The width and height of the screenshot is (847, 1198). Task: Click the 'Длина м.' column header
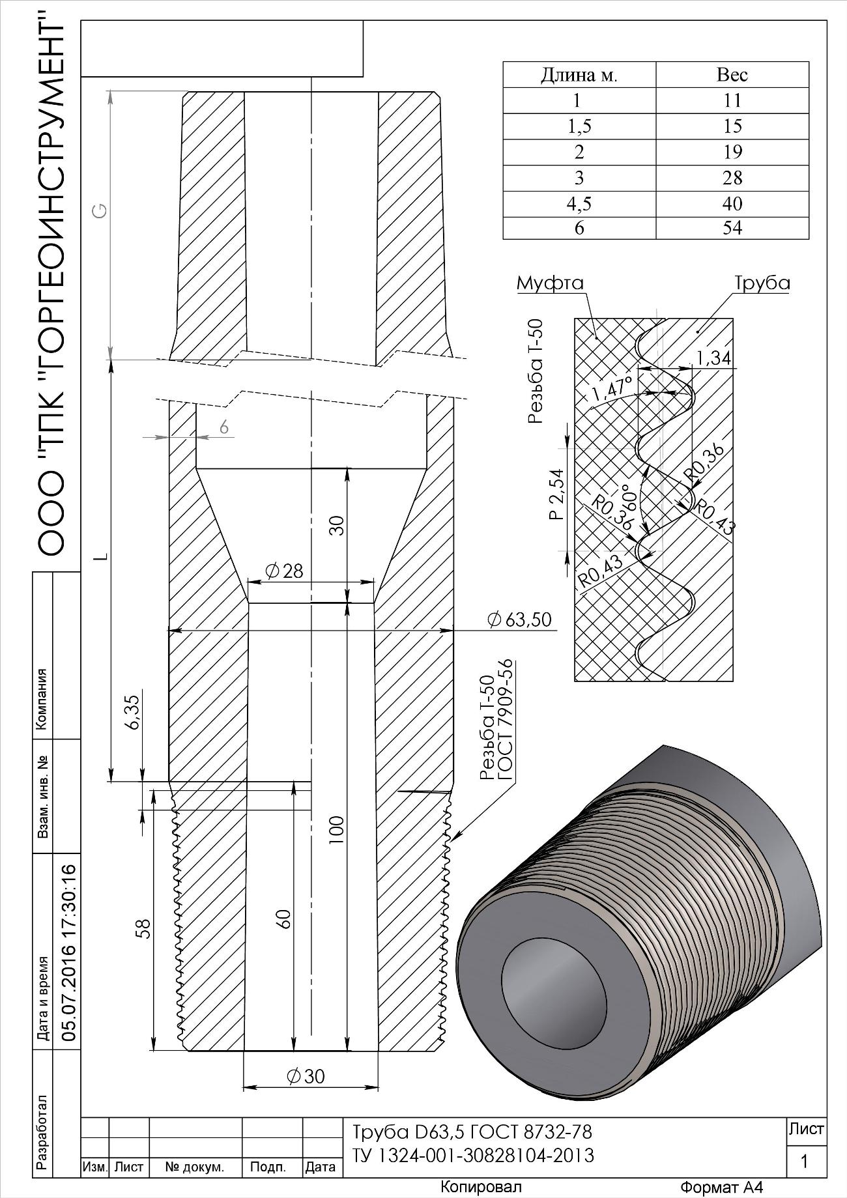click(x=579, y=75)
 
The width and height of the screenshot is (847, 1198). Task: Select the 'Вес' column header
click(x=732, y=75)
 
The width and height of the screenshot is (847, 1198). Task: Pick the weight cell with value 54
click(x=732, y=228)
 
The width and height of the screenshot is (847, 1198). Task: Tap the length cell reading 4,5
click(x=579, y=203)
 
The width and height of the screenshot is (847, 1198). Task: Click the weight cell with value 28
click(x=732, y=177)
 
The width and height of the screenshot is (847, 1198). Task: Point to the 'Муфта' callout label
click(x=550, y=283)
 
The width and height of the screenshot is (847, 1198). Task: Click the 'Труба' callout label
click(x=762, y=283)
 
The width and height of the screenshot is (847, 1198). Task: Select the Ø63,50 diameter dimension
click(x=519, y=620)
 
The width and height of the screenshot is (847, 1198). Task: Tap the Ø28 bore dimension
click(x=284, y=571)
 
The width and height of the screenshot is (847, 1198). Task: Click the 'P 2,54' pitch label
click(x=555, y=494)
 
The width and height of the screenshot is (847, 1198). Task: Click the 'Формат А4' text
click(x=721, y=1187)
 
